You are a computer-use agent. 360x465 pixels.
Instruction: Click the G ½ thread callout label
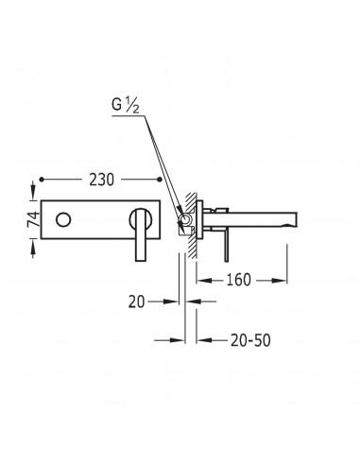(x=126, y=105)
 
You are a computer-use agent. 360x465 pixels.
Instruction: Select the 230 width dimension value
(x=101, y=180)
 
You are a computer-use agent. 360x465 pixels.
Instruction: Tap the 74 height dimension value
(x=34, y=219)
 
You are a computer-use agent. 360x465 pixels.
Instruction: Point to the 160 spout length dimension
(x=238, y=280)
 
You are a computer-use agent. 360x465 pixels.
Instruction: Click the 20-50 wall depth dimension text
(x=250, y=340)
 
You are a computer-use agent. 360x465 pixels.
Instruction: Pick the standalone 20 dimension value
(x=136, y=301)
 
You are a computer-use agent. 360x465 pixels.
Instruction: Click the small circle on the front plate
(x=63, y=219)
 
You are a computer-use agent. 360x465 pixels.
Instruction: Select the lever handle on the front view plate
(x=141, y=234)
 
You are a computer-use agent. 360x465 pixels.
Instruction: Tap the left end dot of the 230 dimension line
(x=42, y=180)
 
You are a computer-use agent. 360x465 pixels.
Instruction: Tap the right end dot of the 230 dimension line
(x=160, y=180)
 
